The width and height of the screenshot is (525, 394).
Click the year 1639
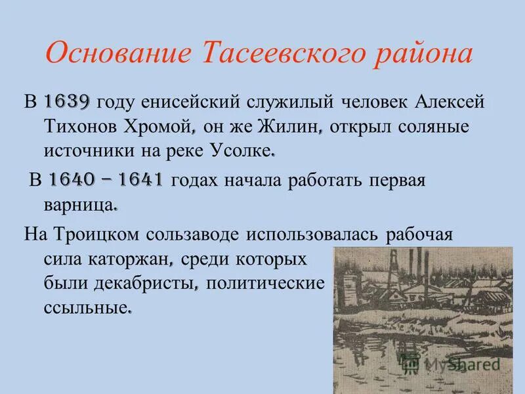point(68,102)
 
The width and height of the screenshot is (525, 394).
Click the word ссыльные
point(85,307)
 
